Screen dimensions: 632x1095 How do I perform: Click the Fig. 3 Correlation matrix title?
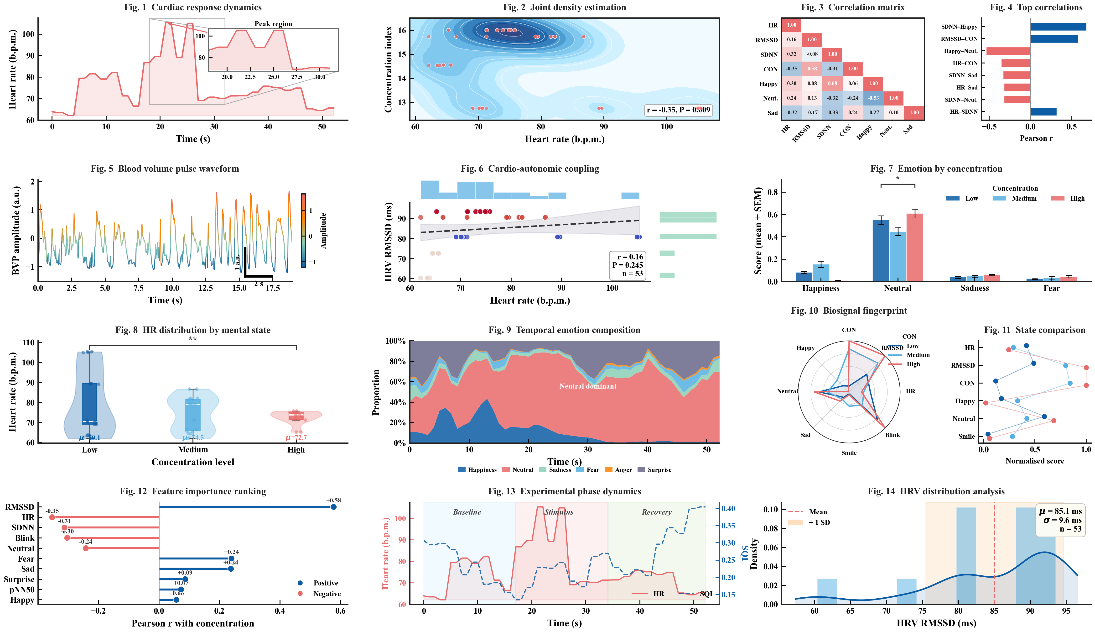click(853, 7)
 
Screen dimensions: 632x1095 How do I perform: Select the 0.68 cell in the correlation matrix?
click(832, 83)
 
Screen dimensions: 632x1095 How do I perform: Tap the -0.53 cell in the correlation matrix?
click(873, 98)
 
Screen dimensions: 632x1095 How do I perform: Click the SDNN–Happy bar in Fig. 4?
click(1058, 27)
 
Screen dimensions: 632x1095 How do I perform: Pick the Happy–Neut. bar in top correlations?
click(1008, 51)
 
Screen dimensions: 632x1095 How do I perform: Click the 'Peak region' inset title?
click(273, 24)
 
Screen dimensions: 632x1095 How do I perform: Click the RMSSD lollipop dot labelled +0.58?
click(333, 507)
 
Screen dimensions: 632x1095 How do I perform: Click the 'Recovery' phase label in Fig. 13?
click(657, 512)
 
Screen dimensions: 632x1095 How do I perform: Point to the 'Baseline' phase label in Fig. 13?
click(467, 512)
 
